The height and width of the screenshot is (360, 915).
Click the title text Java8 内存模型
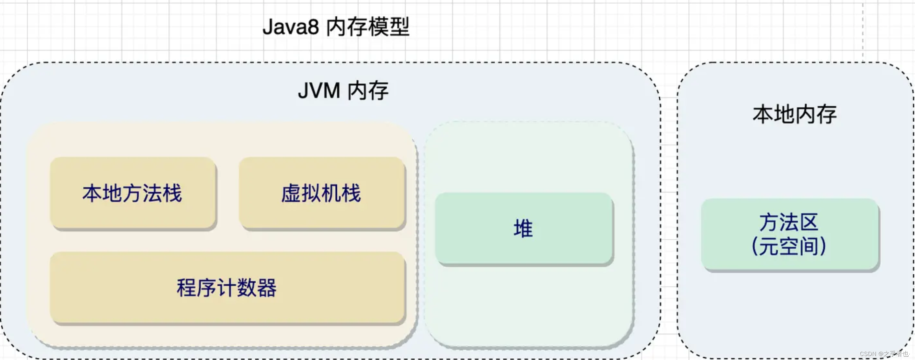point(336,27)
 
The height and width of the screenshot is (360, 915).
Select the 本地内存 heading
point(794,115)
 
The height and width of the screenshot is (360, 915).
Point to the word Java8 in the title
point(291,27)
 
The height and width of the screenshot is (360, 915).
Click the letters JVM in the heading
point(319,91)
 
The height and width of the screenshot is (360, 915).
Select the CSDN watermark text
point(884,354)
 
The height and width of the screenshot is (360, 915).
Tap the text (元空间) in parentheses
point(789,246)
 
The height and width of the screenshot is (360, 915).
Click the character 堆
point(523,228)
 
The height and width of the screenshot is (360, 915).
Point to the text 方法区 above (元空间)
point(789,223)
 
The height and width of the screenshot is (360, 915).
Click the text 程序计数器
point(227,288)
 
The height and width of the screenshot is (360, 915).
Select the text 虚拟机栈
point(321,194)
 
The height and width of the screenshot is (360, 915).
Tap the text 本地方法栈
point(132,194)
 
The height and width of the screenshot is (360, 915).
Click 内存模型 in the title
point(368,27)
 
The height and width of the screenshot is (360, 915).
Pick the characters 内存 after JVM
point(368,91)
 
